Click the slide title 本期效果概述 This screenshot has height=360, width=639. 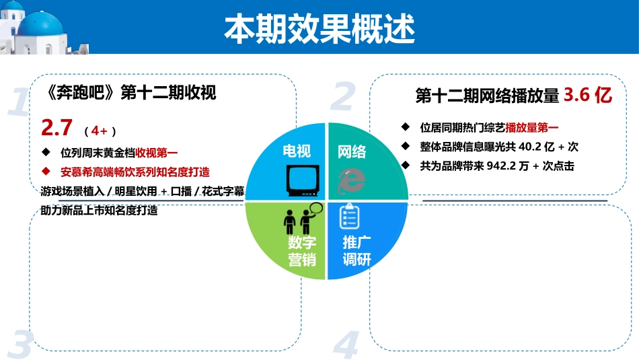(319, 28)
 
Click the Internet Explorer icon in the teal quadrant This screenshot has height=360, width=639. (351, 180)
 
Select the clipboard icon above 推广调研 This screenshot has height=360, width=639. (349, 216)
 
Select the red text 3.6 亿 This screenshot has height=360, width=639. (587, 96)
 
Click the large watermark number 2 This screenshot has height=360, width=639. (342, 97)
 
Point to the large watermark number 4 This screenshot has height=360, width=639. (346, 345)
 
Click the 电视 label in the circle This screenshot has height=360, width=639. (297, 151)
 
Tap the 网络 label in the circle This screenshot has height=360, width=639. (352, 151)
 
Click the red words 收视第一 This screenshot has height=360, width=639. (157, 152)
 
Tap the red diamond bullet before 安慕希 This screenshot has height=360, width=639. (46, 171)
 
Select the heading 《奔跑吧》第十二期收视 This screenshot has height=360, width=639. (128, 93)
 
